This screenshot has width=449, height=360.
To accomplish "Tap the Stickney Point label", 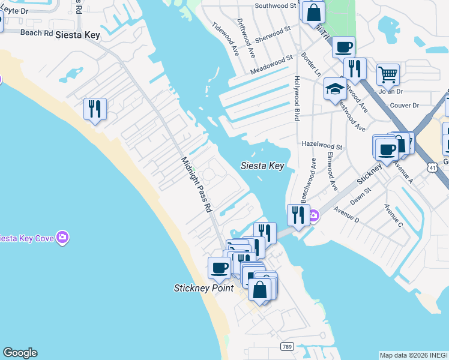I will click(x=203, y=288).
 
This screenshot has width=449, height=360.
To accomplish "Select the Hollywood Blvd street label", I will click(x=297, y=98).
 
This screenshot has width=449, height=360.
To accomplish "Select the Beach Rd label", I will click(x=37, y=32).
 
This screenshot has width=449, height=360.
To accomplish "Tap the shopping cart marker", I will click(x=388, y=75).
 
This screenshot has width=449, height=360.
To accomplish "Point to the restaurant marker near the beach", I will click(x=95, y=109).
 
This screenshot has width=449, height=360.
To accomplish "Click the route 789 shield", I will click(x=288, y=347).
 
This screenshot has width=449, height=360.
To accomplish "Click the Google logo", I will click(x=20, y=353).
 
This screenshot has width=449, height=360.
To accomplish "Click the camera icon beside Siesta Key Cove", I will click(x=62, y=238).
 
